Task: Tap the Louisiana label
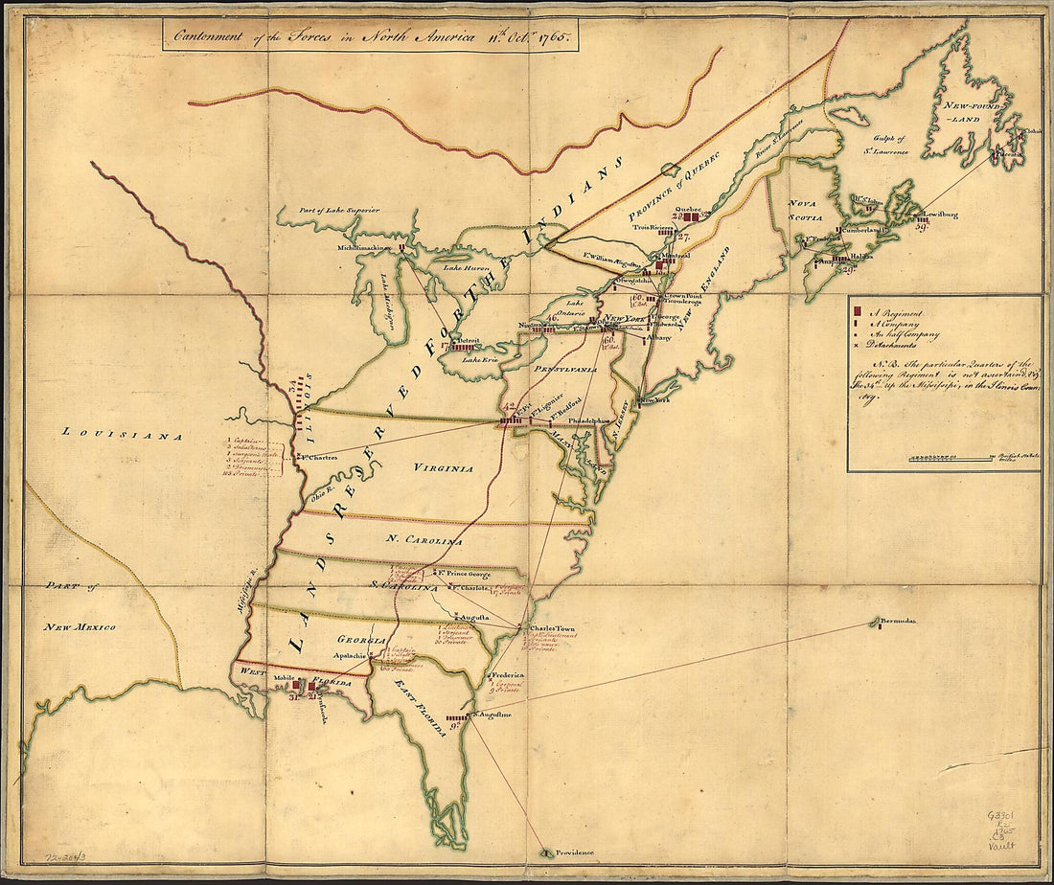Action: click(x=122, y=434)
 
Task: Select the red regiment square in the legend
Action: click(x=859, y=313)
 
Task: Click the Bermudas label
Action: click(x=900, y=621)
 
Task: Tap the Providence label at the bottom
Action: click(x=572, y=852)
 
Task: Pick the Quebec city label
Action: click(x=690, y=208)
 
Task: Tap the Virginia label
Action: click(x=444, y=468)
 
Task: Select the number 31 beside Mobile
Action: click(x=294, y=696)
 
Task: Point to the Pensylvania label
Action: click(x=567, y=369)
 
